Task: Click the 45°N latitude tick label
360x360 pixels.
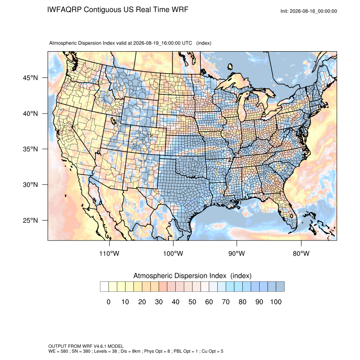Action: coord(30,78)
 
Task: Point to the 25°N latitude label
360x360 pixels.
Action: coord(30,220)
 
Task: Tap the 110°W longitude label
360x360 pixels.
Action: coord(109,253)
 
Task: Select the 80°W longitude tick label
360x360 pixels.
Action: coord(301,253)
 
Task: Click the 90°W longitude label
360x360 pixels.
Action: coord(236,253)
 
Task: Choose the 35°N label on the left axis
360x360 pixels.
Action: coord(30,149)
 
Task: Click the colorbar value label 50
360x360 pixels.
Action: coord(192,302)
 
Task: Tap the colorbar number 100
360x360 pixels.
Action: coord(276,302)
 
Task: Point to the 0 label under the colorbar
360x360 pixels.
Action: coord(108,302)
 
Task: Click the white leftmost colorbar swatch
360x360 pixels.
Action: coord(104,287)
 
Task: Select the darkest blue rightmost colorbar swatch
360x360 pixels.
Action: coord(280,287)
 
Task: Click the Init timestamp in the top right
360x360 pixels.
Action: coord(309,11)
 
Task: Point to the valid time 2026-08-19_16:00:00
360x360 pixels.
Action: coord(157,43)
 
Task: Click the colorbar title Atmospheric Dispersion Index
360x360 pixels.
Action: coord(180,276)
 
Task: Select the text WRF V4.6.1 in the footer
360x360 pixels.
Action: coord(96,346)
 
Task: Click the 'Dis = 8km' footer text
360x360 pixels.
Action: coord(130,351)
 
